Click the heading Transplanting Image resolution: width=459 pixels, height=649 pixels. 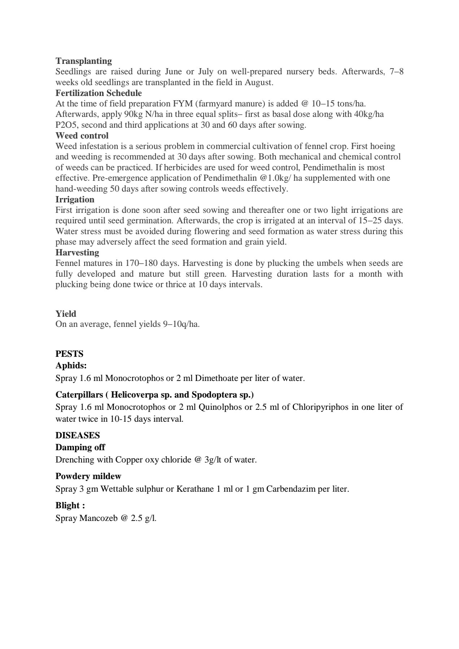click(x=83, y=61)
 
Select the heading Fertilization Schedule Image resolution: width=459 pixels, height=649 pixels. click(x=99, y=93)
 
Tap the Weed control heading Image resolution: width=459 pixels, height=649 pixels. click(x=82, y=136)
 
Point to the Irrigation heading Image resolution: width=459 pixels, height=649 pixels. click(x=75, y=199)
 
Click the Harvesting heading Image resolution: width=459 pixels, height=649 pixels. click(x=77, y=253)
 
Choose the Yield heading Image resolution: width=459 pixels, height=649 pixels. click(x=66, y=313)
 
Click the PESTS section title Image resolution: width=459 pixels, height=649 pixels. click(x=69, y=354)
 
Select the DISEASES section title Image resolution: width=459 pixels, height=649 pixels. click(x=78, y=435)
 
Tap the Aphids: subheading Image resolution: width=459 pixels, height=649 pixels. click(x=71, y=365)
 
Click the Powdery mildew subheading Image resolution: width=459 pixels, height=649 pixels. click(x=88, y=476)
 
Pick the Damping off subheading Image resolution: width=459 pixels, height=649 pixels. click(x=80, y=447)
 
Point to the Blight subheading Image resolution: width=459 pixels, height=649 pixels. click(x=70, y=505)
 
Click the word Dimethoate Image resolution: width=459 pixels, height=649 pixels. click(x=217, y=378)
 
